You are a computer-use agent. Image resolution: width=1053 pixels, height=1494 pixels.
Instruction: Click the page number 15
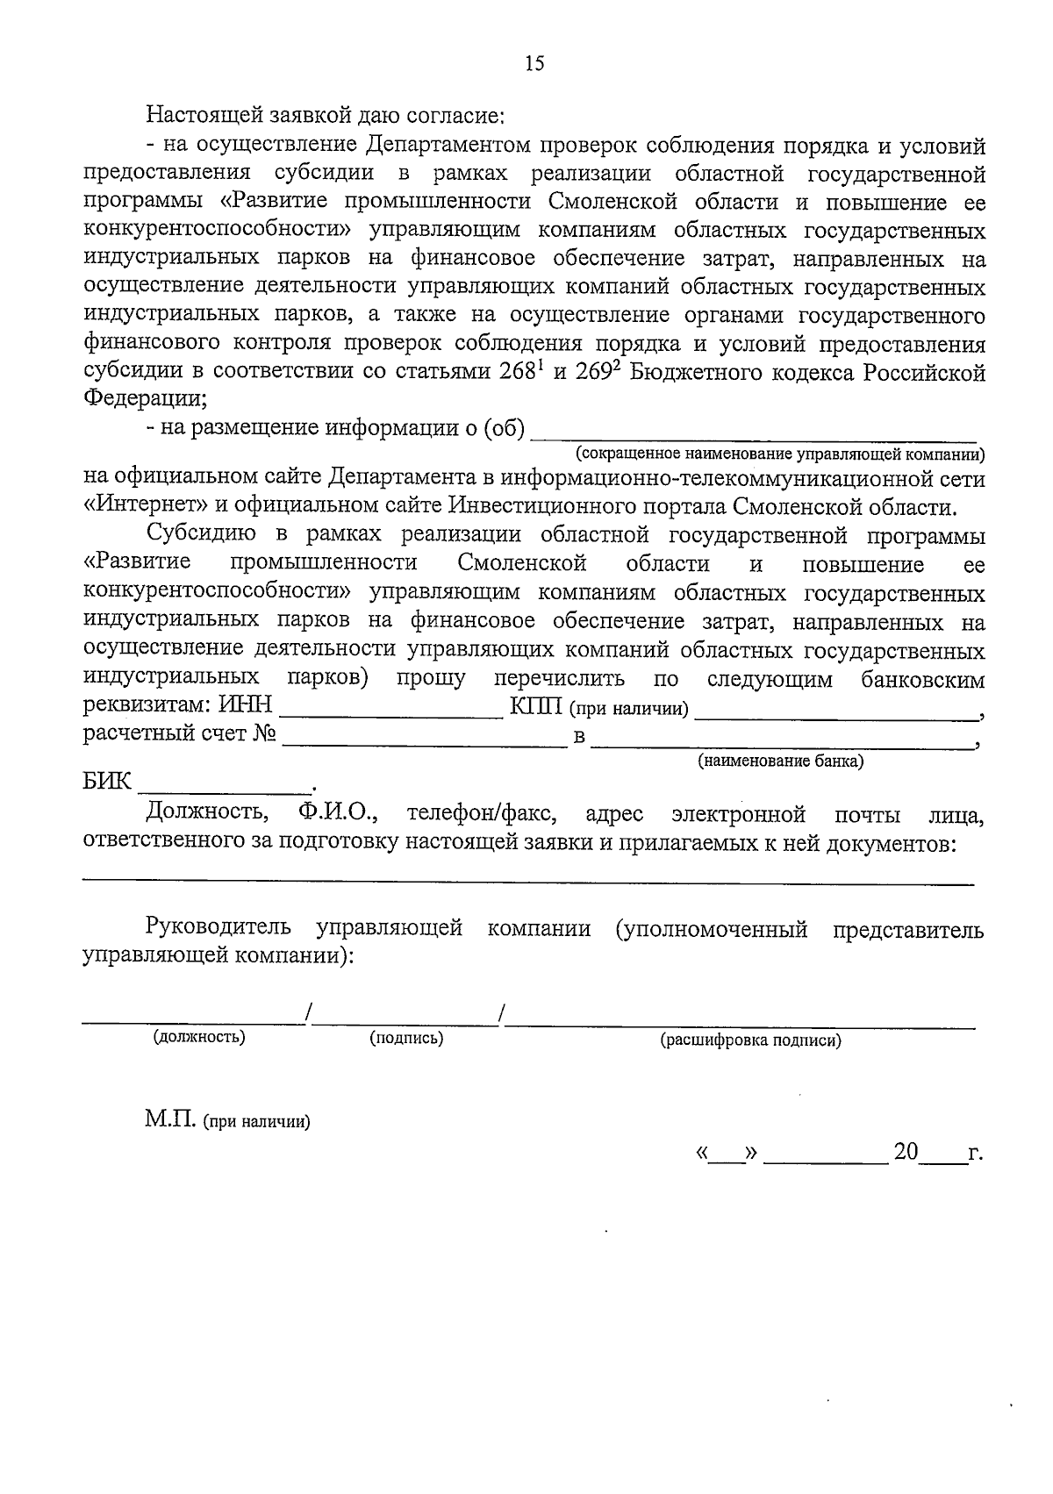coord(534,63)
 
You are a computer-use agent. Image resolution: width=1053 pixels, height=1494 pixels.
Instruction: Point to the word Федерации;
coord(145,399)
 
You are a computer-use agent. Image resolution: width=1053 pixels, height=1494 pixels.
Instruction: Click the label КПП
coord(535,707)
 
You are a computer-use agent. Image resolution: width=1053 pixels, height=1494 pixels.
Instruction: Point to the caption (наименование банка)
coord(780,761)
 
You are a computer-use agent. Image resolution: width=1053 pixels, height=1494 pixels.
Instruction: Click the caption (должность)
coord(199,1037)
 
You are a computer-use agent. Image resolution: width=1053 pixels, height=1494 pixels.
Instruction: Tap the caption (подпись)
coord(406,1038)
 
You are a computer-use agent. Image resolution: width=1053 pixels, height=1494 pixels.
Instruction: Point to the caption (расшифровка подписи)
coord(750,1040)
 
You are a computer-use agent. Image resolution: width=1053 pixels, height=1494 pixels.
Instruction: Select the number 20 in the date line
coord(906,1152)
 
